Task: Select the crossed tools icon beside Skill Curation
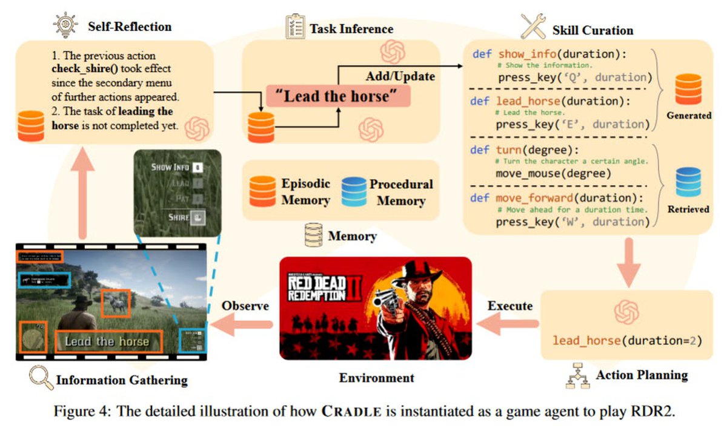pyautogui.click(x=534, y=26)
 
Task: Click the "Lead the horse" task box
pyautogui.click(x=337, y=96)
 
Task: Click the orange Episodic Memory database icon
pyautogui.click(x=263, y=191)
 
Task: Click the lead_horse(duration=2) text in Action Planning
pyautogui.click(x=627, y=340)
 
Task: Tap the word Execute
pyautogui.click(x=510, y=306)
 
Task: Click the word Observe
pyautogui.click(x=245, y=306)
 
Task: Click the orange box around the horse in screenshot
pyautogui.click(x=115, y=303)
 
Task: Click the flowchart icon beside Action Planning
pyautogui.click(x=577, y=376)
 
